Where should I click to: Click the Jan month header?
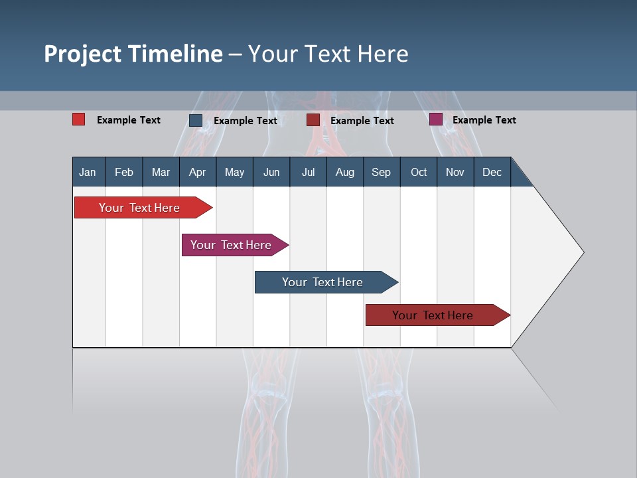(x=88, y=172)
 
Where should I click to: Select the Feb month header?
(x=124, y=172)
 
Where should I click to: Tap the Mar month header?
(x=161, y=172)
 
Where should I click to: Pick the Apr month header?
(x=198, y=172)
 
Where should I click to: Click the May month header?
(x=234, y=172)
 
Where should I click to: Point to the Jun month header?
(x=271, y=172)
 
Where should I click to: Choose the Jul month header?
(x=308, y=172)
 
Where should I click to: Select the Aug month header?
(x=345, y=172)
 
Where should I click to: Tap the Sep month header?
(x=382, y=172)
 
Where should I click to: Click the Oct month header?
(x=419, y=172)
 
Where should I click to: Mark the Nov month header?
(x=455, y=172)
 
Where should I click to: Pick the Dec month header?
(x=492, y=172)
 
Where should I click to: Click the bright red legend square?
(x=78, y=119)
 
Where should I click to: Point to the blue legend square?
(x=196, y=120)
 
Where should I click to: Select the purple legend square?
(x=436, y=119)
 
